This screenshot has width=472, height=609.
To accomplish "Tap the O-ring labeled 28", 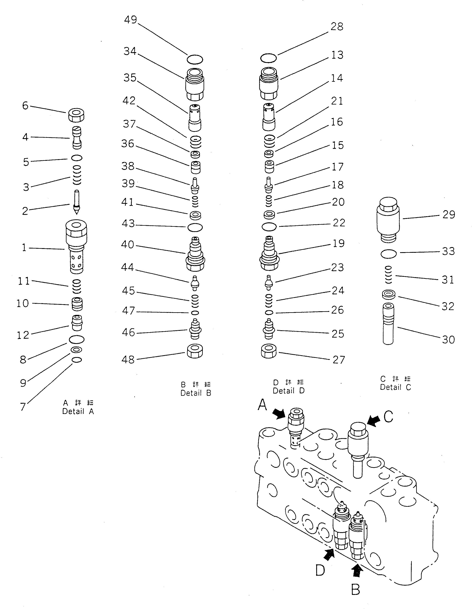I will (x=268, y=58).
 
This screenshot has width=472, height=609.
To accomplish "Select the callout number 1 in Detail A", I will (x=24, y=247).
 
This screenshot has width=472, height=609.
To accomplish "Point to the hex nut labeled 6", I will (x=76, y=115).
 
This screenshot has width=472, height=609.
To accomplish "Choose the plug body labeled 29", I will (x=388, y=220).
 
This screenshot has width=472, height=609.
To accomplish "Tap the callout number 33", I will (x=448, y=251).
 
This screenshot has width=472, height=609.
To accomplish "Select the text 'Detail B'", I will (x=196, y=393).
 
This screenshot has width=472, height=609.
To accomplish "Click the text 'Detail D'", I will (x=288, y=391).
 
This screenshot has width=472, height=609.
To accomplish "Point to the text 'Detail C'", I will (x=395, y=387).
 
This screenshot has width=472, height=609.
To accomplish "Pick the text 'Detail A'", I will (x=78, y=411).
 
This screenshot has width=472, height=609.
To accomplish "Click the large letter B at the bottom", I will (x=356, y=590).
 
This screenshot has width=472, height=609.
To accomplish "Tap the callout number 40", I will (x=128, y=244).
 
